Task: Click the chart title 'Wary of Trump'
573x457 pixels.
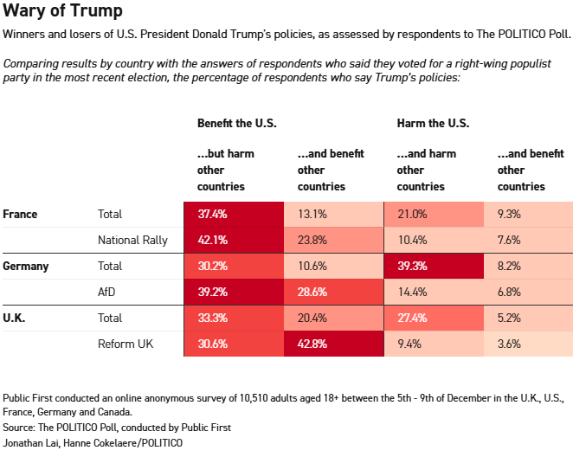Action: coord(62,12)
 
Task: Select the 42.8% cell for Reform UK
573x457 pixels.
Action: coord(333,344)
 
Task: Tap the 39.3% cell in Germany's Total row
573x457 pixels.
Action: coord(433,266)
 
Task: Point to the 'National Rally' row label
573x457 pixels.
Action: coord(132,240)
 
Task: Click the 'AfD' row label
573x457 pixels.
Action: coord(107,292)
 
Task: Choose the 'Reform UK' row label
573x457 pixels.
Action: coord(126,344)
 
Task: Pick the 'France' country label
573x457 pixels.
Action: coord(20,214)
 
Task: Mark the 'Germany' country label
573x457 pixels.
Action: coord(26,266)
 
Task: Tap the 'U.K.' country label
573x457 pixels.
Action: coord(15,318)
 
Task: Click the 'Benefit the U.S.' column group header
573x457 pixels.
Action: coord(236,123)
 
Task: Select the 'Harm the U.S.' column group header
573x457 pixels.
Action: coord(433,123)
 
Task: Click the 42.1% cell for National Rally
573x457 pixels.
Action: coord(234,240)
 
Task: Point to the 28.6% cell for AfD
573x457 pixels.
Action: coord(333,292)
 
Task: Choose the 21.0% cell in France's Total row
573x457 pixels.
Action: coord(433,214)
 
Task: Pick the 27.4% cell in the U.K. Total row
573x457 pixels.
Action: coord(433,318)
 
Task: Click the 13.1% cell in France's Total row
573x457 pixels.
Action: coord(333,214)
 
